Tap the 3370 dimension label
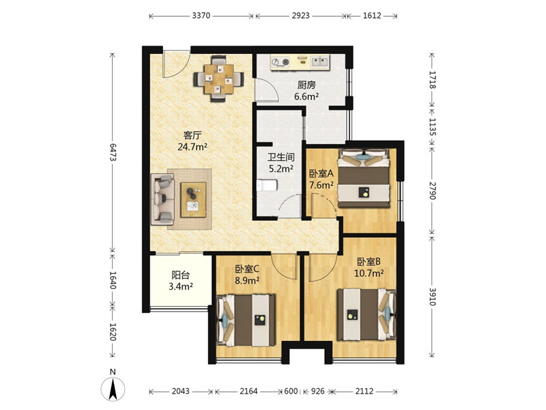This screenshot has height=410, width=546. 201,16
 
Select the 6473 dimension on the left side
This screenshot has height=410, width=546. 113,152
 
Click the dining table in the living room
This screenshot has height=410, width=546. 219,79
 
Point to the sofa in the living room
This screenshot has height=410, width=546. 163,199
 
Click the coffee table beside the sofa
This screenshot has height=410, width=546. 193,200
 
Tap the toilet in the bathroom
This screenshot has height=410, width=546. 267,185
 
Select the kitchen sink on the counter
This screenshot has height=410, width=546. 319,61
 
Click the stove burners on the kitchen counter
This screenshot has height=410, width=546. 281,62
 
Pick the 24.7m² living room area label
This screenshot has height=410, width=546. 192,147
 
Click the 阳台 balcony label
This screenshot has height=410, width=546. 181,275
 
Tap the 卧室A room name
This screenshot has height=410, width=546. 321,174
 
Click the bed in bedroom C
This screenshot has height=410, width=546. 246,320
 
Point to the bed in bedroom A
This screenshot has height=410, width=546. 364,178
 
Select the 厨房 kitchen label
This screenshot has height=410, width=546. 306,85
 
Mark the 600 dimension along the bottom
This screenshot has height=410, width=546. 291,391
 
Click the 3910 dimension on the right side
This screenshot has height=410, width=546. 432,297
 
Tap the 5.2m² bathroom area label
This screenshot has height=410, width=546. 281,169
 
